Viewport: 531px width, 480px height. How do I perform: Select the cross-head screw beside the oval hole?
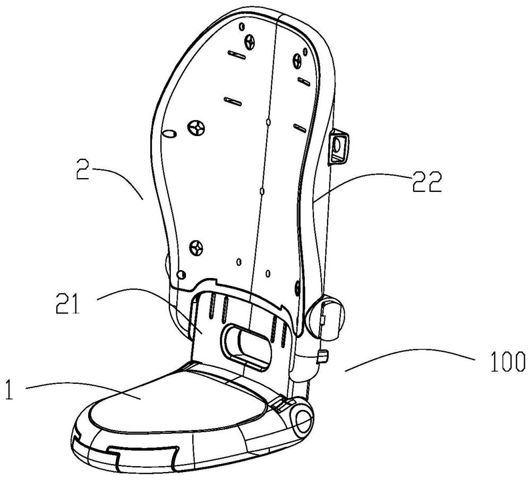pos(196,127)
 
